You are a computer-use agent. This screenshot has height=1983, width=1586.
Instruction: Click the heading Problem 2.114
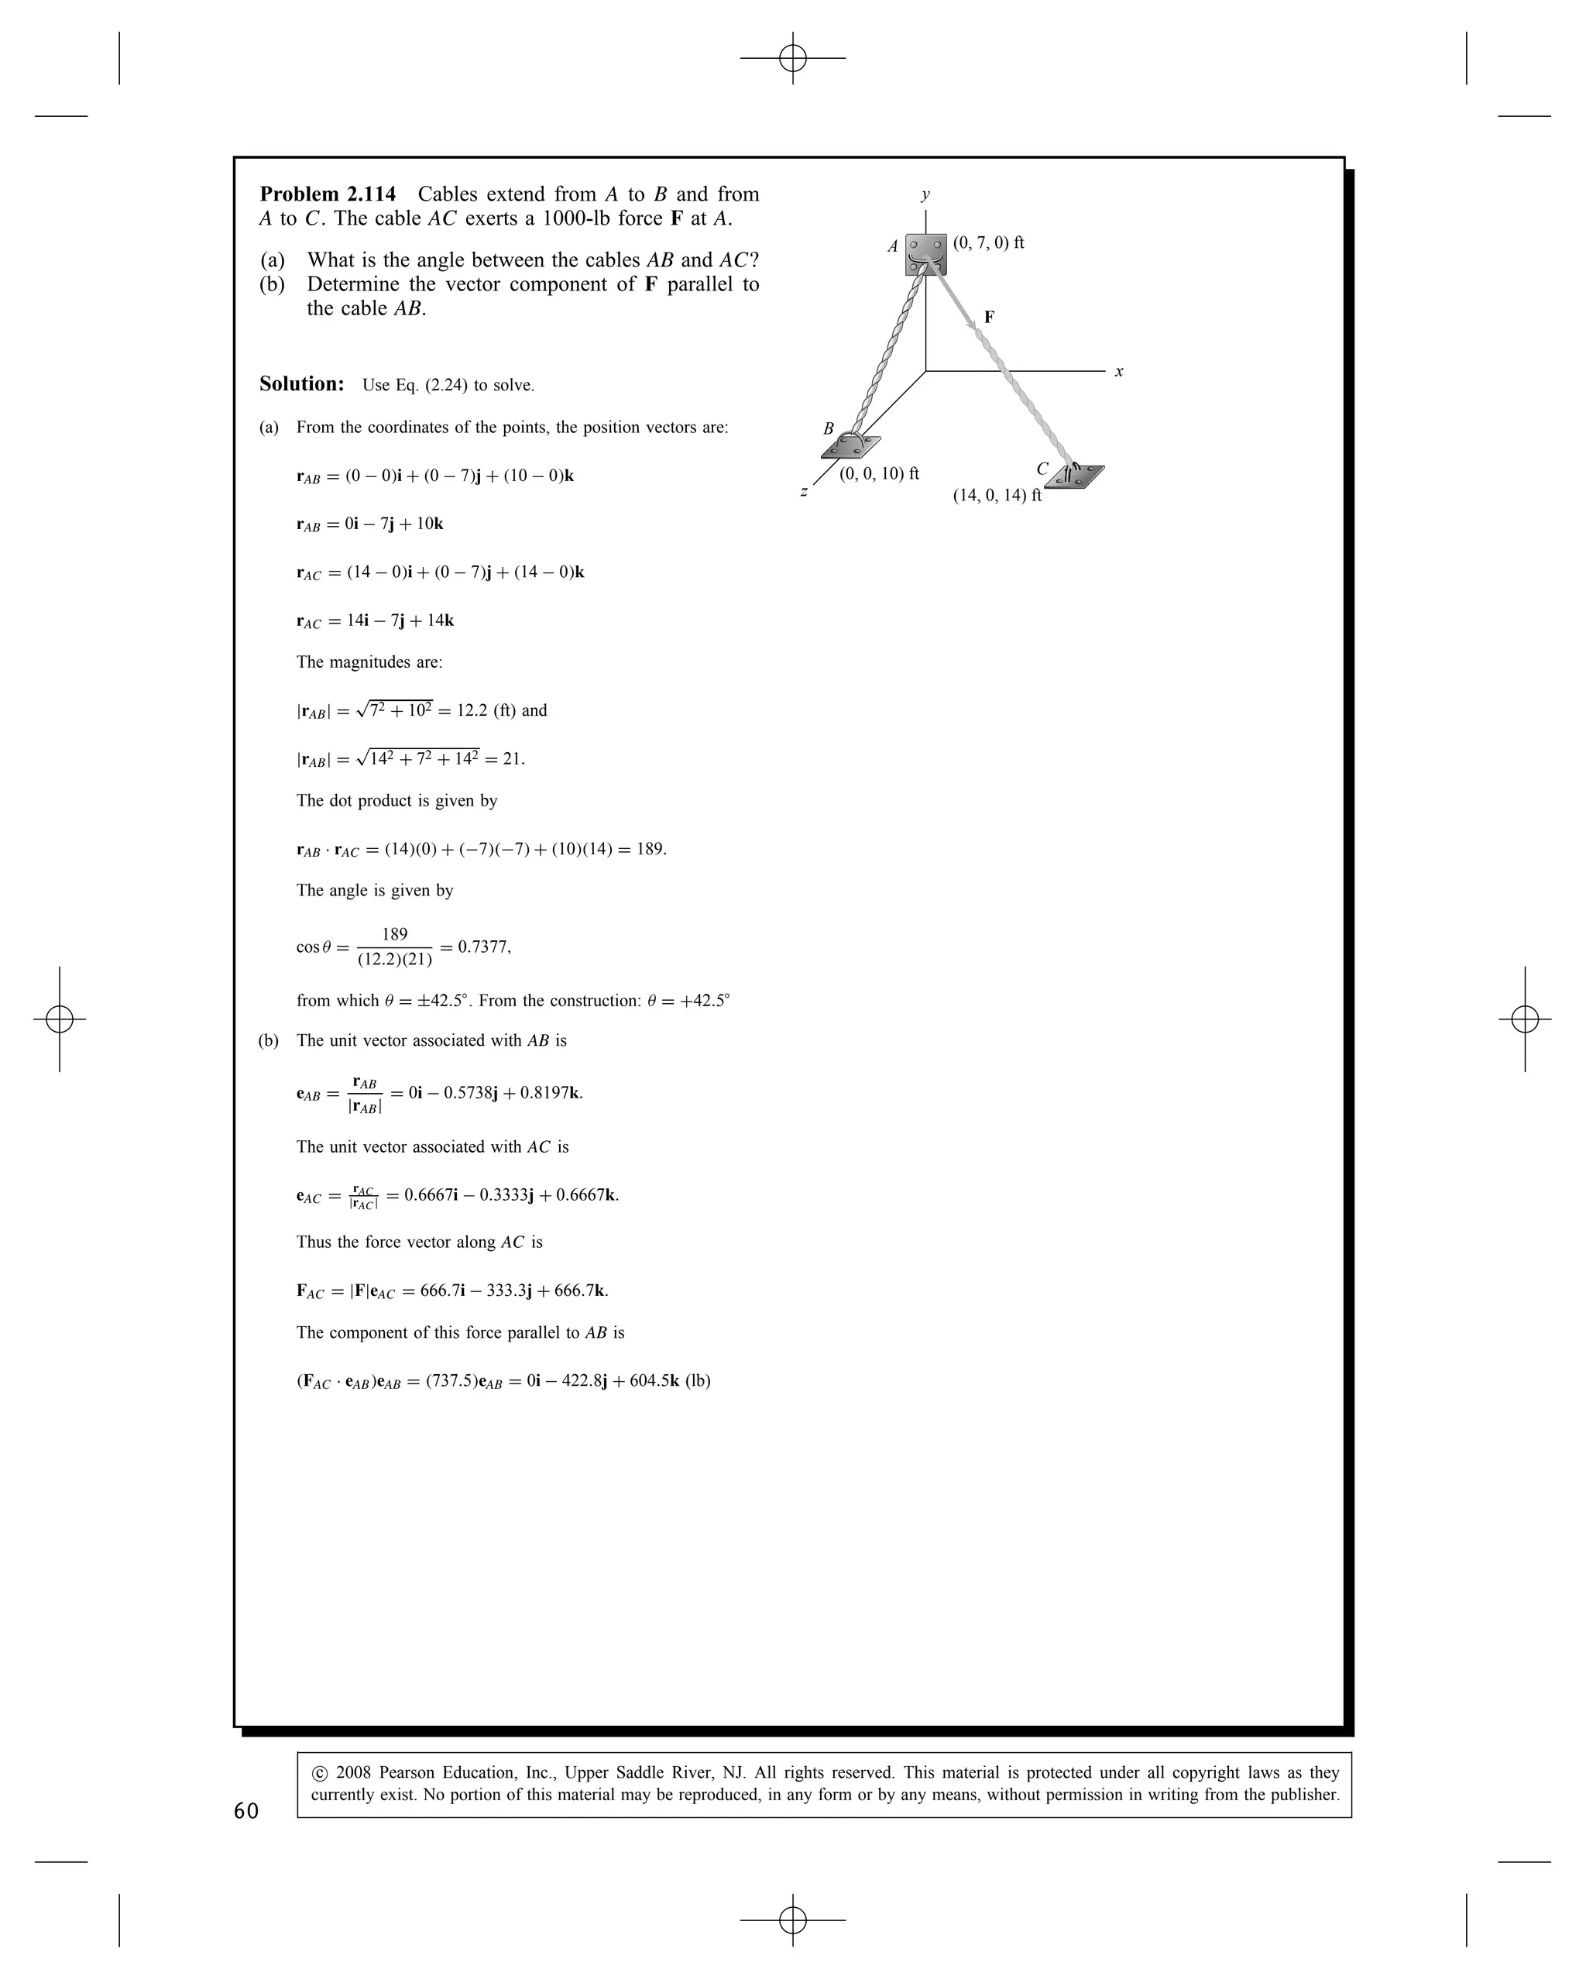click(x=328, y=194)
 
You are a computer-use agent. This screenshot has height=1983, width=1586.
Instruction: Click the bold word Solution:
click(x=301, y=383)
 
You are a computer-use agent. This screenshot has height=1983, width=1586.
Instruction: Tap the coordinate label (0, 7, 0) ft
click(x=988, y=242)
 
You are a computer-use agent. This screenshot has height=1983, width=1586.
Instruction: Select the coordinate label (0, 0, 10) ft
click(x=879, y=474)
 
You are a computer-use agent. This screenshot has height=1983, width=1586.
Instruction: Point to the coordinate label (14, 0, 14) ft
click(x=997, y=496)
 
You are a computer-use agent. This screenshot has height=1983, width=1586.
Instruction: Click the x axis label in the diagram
click(x=1119, y=372)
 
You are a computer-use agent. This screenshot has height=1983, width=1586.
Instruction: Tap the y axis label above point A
click(x=925, y=194)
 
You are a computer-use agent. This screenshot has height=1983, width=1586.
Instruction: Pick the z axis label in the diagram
click(x=804, y=492)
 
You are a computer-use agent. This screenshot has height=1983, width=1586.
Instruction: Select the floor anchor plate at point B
click(x=850, y=446)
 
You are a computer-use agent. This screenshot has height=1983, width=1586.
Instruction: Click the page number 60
click(x=246, y=1811)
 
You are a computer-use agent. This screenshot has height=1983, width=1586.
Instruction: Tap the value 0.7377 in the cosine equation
click(x=482, y=947)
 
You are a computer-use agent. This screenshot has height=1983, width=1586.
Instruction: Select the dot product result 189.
click(x=650, y=849)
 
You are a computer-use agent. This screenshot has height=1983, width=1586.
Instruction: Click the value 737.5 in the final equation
click(x=451, y=1380)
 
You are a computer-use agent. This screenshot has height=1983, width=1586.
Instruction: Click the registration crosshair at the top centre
click(x=792, y=58)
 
